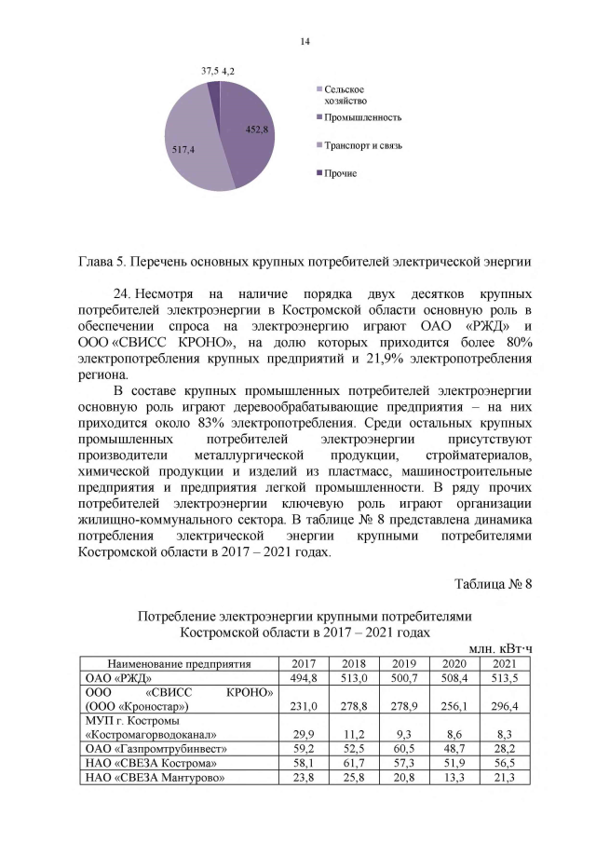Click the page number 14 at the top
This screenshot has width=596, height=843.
304,41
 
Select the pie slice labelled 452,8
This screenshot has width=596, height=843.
245,131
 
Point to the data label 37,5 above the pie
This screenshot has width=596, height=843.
211,71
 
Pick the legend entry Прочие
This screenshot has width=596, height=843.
341,173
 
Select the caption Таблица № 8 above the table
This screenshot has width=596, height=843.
493,584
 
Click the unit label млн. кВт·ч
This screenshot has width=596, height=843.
499,647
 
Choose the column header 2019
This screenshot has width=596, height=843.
403,663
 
